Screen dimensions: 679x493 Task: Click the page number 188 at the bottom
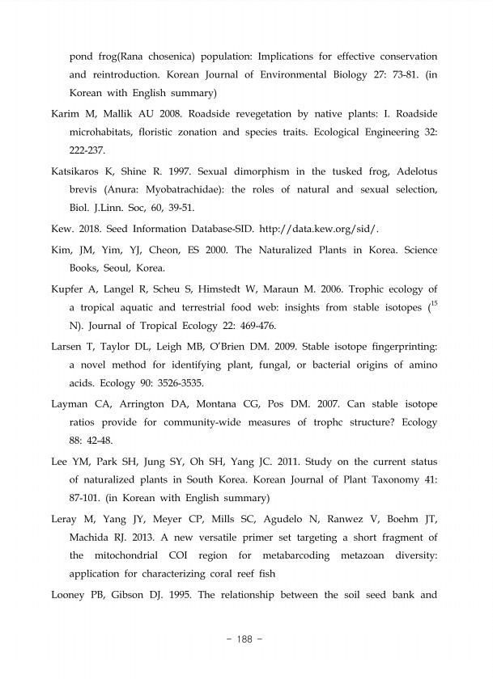tap(245, 639)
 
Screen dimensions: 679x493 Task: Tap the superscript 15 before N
tap(433, 304)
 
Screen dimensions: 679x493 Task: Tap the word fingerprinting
tap(395, 346)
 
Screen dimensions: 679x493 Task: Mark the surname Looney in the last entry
tap(70, 596)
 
